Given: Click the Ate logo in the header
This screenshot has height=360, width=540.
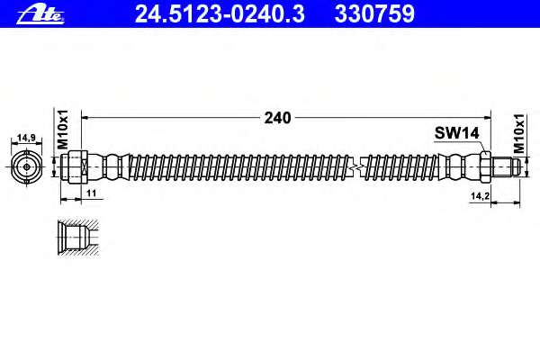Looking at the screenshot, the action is [40, 14].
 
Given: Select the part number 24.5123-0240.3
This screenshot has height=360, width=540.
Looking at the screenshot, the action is [220, 14].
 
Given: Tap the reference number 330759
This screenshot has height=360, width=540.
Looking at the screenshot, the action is [374, 14].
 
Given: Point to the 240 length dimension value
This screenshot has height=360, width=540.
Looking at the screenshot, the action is [277, 118].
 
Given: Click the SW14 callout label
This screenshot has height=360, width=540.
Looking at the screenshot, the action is [456, 133].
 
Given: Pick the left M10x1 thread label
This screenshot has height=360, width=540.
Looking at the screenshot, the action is [63, 130].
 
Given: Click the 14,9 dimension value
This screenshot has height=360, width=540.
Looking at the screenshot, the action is [26, 138].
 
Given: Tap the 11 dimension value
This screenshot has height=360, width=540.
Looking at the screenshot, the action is [91, 193].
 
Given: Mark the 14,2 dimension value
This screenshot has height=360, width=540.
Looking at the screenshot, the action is [480, 196].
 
